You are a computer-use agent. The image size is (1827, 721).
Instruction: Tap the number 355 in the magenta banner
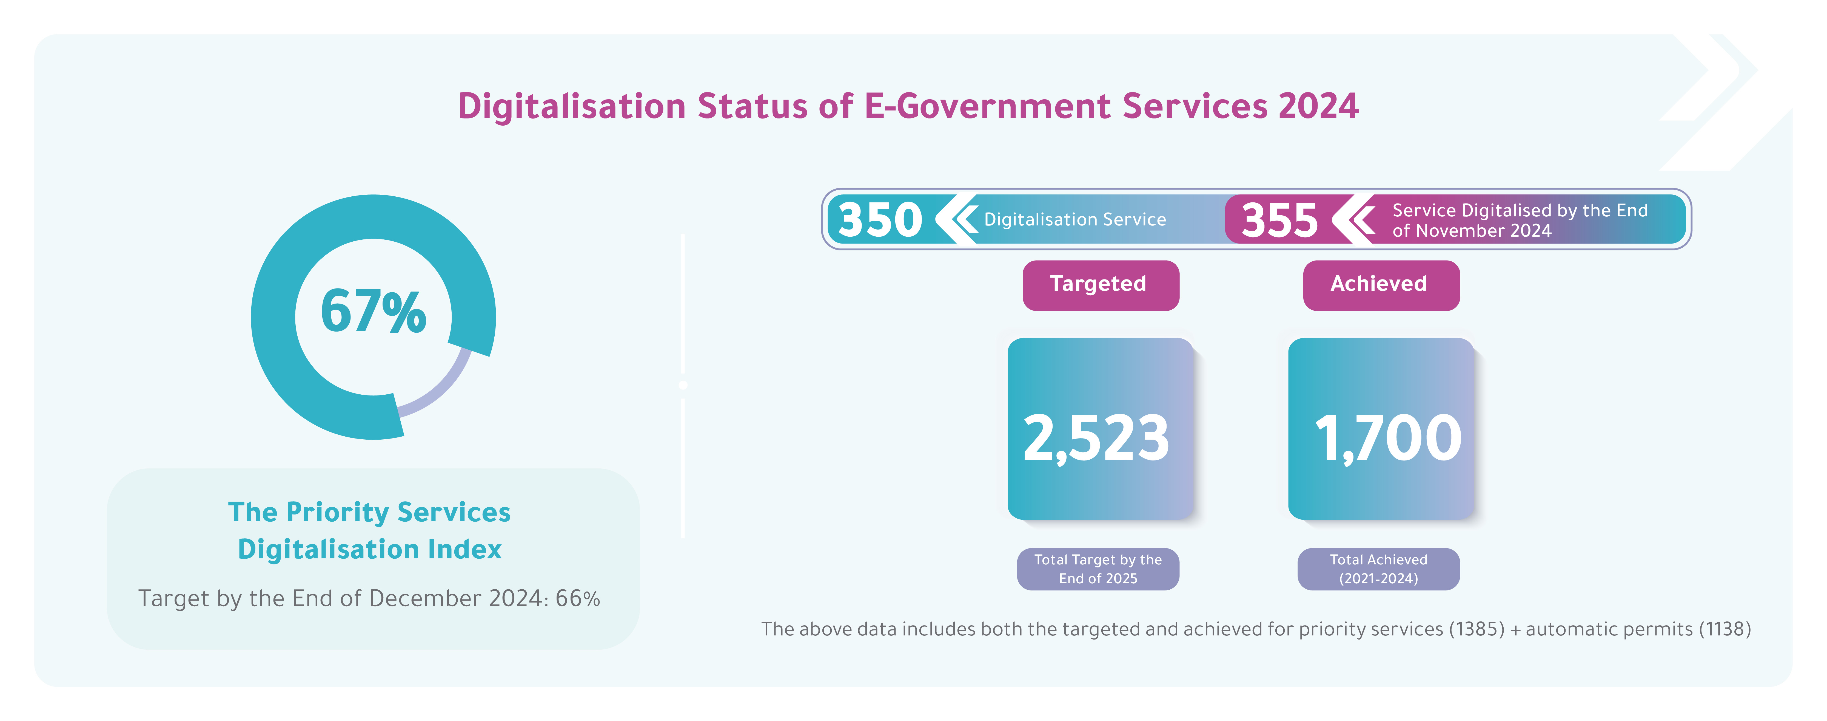[1279, 220]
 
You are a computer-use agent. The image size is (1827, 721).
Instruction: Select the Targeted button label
[1098, 284]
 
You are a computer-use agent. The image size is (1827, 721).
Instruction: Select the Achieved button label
[1379, 284]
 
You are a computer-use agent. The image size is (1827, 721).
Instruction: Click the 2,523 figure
[1096, 438]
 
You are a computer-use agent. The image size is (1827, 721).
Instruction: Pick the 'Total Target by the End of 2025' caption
[1098, 569]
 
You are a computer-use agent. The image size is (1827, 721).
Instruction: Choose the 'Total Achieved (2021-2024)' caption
[1379, 569]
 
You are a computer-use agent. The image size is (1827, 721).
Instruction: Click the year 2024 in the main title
[1318, 106]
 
